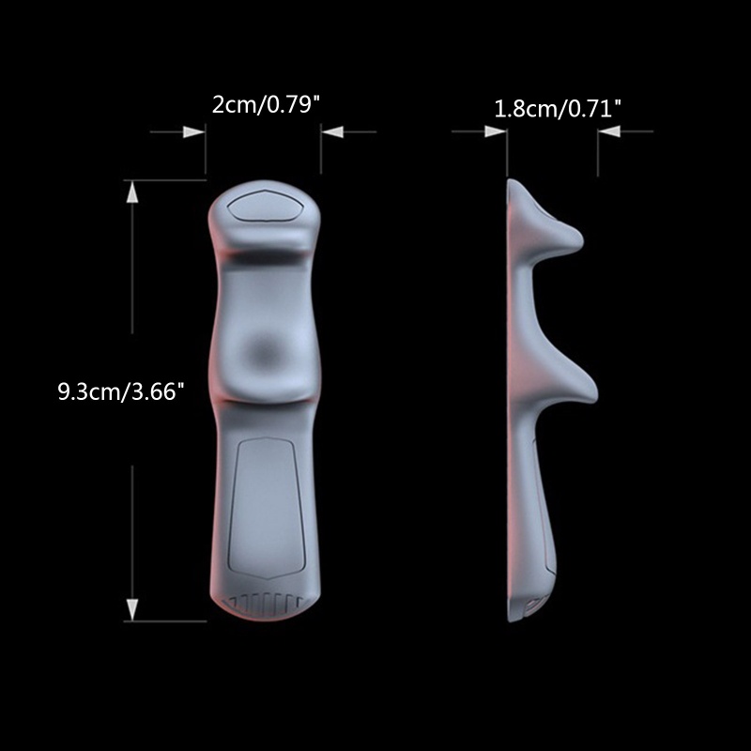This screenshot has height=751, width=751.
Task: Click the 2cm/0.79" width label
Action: (266, 105)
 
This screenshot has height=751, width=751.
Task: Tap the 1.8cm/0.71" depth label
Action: (558, 110)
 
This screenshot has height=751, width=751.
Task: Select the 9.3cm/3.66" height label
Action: (121, 391)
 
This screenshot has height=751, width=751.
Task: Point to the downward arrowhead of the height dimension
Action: (132, 609)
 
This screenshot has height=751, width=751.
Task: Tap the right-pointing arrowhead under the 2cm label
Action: (194, 131)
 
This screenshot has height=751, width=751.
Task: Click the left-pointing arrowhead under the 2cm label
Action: (332, 131)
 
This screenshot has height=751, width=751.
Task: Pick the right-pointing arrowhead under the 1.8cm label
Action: (496, 131)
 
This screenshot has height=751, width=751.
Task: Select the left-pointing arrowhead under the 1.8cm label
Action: (608, 131)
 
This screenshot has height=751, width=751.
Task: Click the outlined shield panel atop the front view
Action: (265, 206)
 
